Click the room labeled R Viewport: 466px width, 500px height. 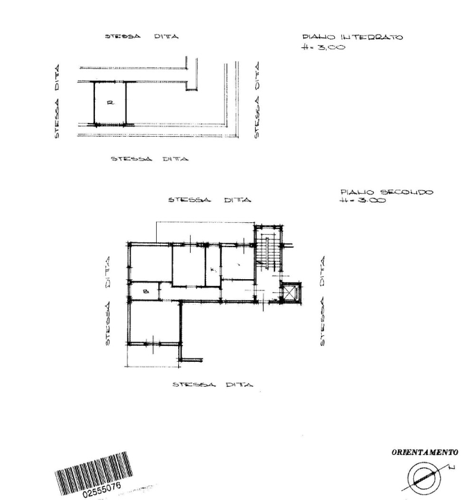110,103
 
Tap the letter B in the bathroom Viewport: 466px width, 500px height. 145,291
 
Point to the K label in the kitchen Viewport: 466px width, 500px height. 213,269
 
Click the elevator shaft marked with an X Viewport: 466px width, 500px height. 288,293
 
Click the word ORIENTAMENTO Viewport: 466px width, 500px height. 425,452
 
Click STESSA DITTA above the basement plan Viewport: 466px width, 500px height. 141,37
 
